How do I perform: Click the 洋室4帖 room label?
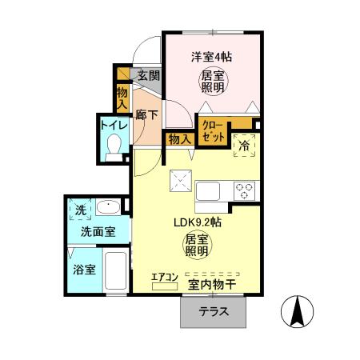[212, 57]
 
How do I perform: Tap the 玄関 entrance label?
[148, 76]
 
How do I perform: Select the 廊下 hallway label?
[146, 114]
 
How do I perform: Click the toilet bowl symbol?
[114, 147]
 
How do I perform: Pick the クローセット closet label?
[213, 131]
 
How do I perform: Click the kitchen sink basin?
[209, 192]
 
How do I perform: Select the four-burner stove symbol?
[244, 192]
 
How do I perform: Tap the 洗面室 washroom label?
[97, 232]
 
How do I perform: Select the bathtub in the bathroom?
[115, 274]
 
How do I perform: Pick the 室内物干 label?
[212, 283]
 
